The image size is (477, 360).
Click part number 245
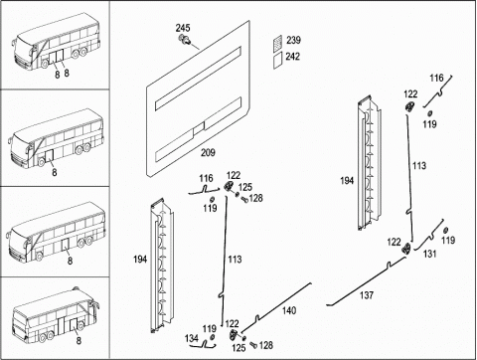tap(183, 28)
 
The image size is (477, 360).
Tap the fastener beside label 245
tap(185, 40)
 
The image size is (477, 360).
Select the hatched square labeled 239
tap(277, 44)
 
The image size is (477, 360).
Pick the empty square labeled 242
tap(277, 61)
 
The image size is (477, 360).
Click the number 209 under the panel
tap(208, 153)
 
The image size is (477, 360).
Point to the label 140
tap(289, 311)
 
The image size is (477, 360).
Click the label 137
tap(367, 295)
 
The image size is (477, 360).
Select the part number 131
tap(429, 254)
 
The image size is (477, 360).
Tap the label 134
tap(192, 338)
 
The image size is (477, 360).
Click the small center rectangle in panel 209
tap(199, 128)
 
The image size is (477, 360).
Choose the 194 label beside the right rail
tap(347, 181)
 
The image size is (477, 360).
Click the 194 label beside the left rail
tap(140, 260)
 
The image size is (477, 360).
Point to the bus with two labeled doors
tap(57, 42)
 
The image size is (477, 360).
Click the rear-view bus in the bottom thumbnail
tap(55, 315)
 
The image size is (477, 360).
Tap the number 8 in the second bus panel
tap(55, 172)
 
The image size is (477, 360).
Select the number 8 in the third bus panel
tap(70, 261)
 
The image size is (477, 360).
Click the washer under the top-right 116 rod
tap(429, 113)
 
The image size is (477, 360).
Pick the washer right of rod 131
tap(445, 230)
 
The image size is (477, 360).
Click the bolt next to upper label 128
tap(244, 199)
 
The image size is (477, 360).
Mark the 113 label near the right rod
tap(419, 166)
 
